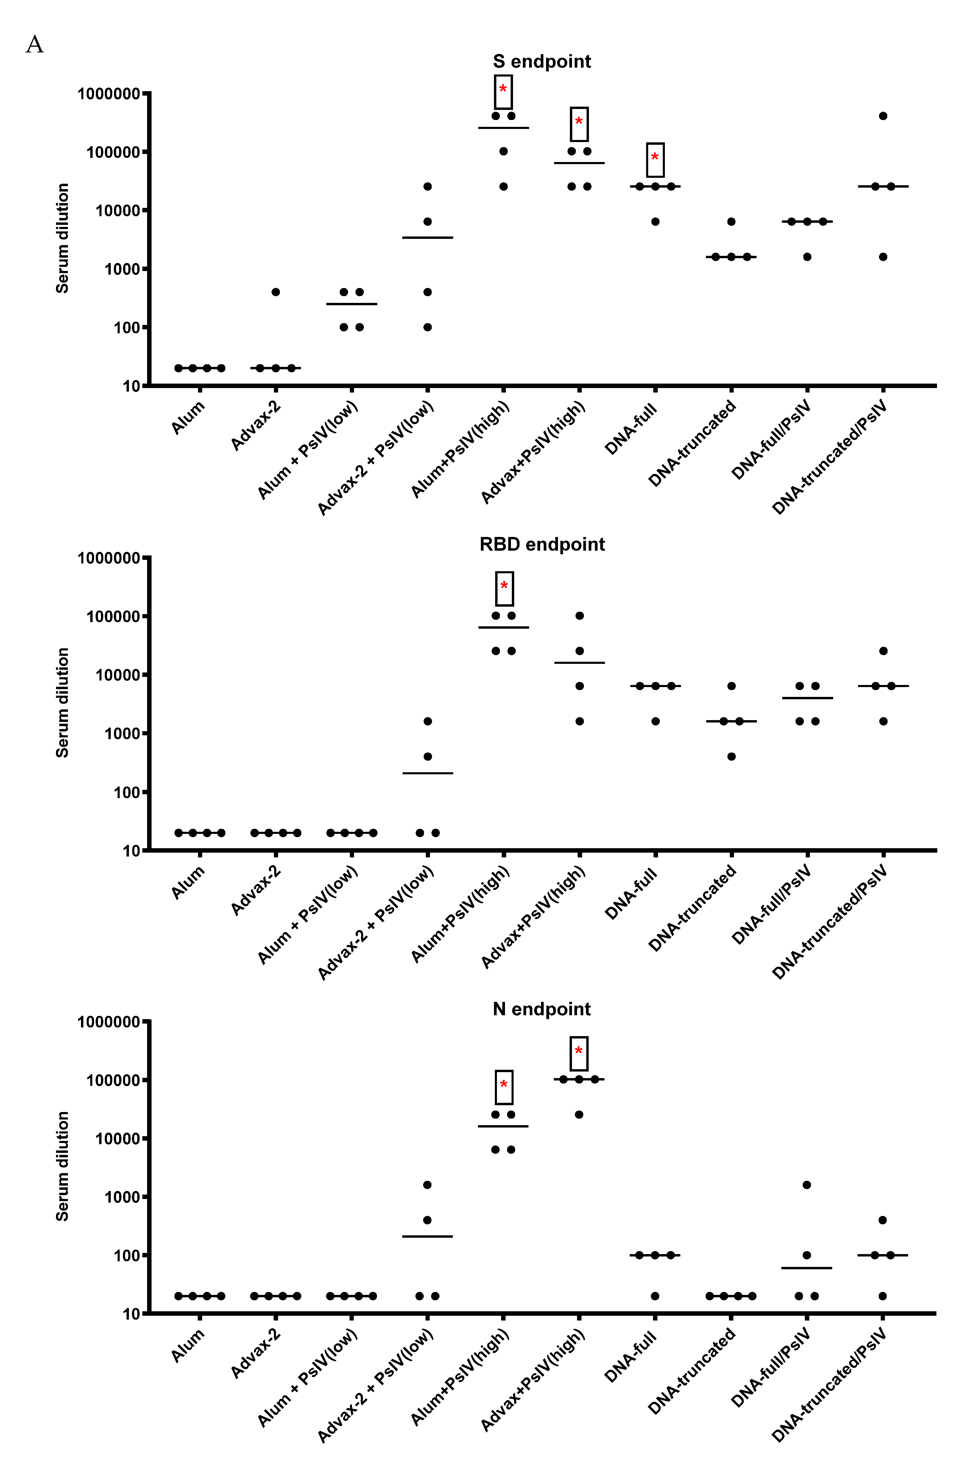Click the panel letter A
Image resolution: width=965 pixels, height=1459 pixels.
pos(35,45)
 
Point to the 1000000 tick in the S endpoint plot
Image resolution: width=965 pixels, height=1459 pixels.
pos(108,94)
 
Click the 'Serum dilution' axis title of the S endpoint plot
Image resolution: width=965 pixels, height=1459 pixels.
pos(62,238)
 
